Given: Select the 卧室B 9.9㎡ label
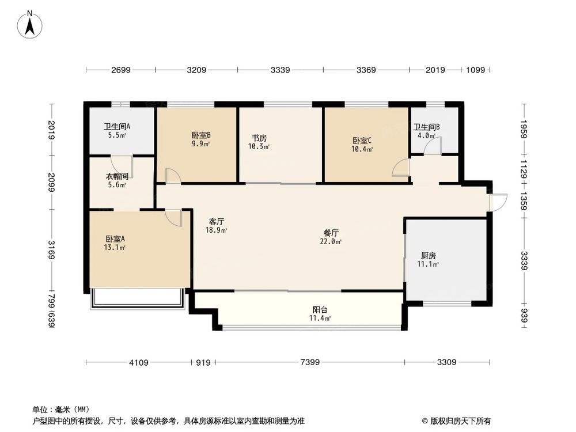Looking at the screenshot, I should pos(200,140).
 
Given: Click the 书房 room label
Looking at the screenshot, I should pos(259,142).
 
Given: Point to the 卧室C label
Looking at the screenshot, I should pos(362,144).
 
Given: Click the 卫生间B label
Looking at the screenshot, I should pos(427,131).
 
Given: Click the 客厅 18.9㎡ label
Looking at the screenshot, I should pos(217,225).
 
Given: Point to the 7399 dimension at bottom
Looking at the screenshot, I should pos(309,362).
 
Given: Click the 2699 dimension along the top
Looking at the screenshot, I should pos(121,70).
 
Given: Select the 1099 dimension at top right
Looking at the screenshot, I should pos(476,70).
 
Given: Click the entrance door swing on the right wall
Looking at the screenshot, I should pos(498,202).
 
